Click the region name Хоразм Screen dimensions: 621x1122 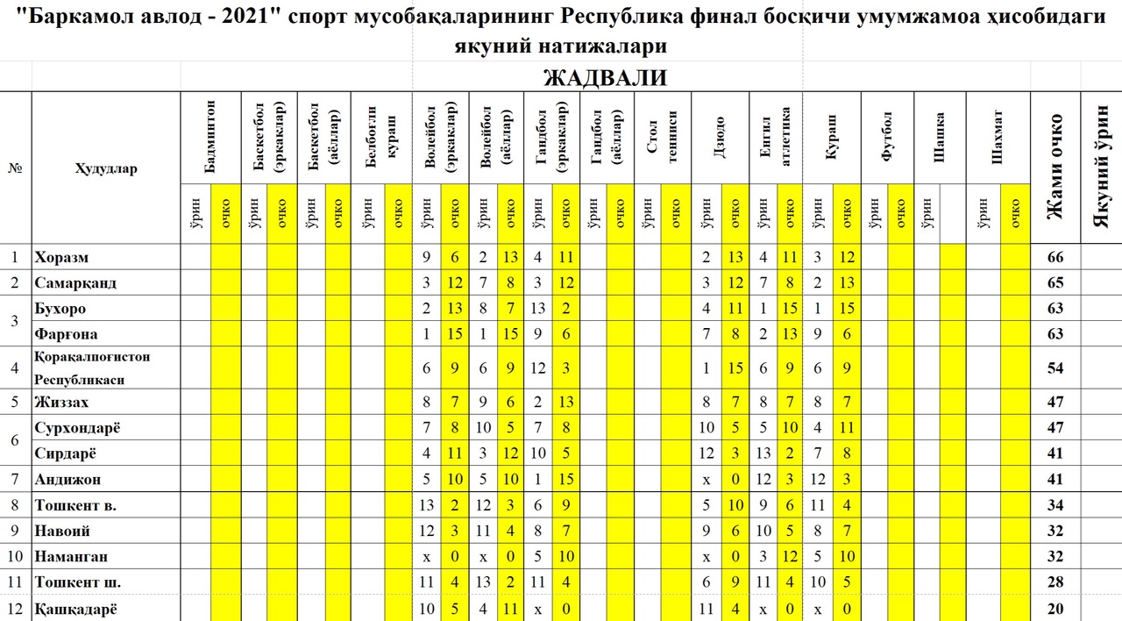61,258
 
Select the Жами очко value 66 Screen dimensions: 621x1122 1055,258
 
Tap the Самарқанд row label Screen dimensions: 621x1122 75,283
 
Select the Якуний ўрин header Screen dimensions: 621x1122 1101,167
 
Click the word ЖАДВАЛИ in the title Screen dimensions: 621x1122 605,78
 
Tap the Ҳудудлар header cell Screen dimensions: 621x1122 106,169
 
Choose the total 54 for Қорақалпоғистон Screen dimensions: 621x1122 1055,368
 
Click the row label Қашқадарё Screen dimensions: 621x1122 75,610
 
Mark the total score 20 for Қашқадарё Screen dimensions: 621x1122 1055,610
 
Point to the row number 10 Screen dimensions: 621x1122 15,557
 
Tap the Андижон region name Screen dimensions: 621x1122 67,480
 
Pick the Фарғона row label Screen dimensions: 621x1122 66,334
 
